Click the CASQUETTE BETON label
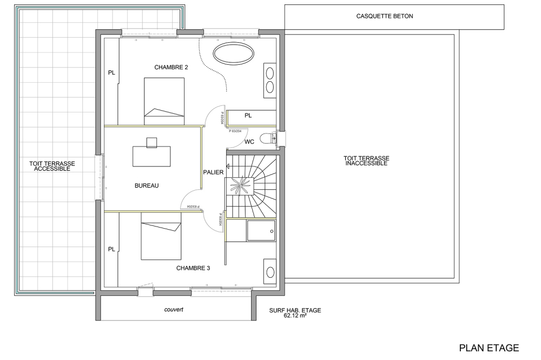tap(385, 16)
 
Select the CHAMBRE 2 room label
tap(171, 68)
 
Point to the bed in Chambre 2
tap(164, 101)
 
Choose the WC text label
tap(249, 142)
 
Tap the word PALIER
tap(213, 172)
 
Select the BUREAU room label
tap(147, 185)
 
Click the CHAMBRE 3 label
tap(193, 268)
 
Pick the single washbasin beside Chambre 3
tap(270, 272)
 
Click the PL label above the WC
tap(248, 115)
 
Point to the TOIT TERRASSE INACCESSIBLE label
tap(366, 161)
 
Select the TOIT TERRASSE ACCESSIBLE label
tap(52, 166)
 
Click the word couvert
tap(174, 310)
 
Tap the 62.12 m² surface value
tap(295, 315)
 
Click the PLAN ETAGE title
tap(489, 348)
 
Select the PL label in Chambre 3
tap(111, 249)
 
